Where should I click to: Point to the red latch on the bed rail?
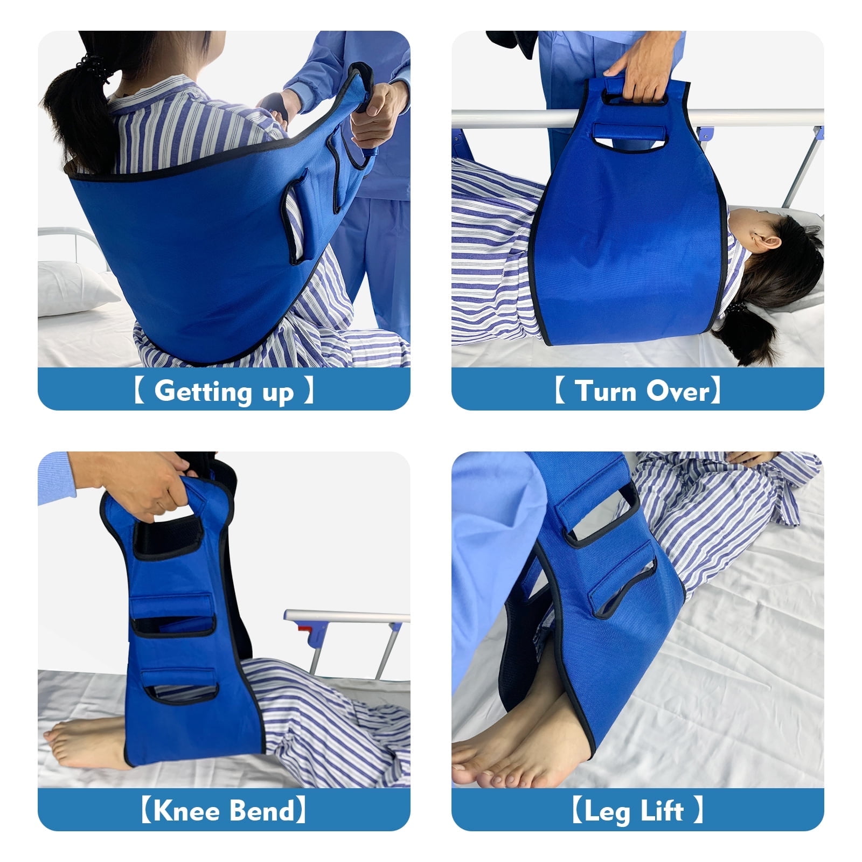point(305,628)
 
